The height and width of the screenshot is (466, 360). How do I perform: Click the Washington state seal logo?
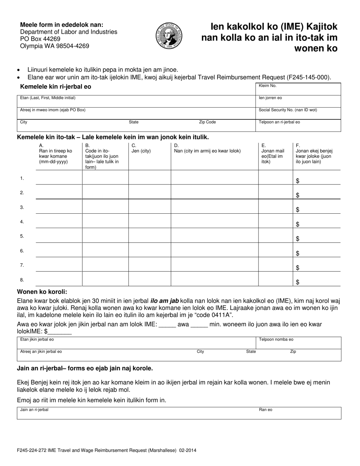click(x=169, y=35)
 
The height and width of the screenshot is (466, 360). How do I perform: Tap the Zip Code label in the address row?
click(x=207, y=122)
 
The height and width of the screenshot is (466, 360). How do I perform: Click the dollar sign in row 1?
click(x=297, y=181)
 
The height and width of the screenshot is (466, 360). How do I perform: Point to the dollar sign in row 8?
click(x=297, y=282)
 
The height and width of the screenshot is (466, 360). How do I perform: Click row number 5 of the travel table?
click(x=22, y=236)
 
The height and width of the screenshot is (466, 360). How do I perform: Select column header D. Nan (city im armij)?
click(x=207, y=151)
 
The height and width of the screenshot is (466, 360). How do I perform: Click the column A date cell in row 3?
click(x=59, y=206)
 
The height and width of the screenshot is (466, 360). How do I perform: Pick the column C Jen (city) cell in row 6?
click(x=149, y=250)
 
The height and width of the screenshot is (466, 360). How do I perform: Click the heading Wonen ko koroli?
click(x=42, y=292)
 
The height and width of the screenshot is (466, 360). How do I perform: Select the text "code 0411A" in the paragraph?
click(x=216, y=315)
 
